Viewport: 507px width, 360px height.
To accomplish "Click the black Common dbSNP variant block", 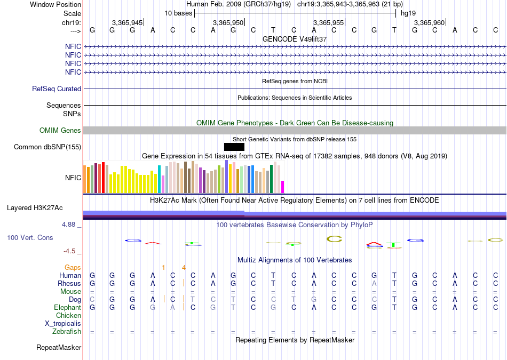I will (x=234, y=147).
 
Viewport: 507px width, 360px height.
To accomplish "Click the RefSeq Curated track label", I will (x=57, y=89).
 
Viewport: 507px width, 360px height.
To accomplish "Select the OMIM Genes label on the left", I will (x=60, y=131).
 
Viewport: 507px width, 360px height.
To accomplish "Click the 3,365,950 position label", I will (x=228, y=22).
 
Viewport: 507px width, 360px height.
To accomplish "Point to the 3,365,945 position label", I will (x=128, y=22).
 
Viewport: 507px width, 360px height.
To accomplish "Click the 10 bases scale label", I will (x=178, y=13).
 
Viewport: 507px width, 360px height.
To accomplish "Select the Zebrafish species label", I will (x=67, y=332).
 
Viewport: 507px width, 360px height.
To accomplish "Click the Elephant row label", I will (x=67, y=308).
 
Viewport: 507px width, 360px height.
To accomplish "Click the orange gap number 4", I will (x=184, y=267).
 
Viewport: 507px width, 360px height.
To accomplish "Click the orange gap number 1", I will (x=164, y=267).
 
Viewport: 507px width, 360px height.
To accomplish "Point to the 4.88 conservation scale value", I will (x=70, y=225).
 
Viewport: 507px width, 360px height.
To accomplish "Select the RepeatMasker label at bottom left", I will (x=59, y=348).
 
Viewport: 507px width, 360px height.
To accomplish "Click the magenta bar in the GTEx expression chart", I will (x=283, y=187).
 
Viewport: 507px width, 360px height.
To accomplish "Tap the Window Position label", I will (x=56, y=4).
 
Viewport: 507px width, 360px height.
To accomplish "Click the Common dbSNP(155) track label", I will (x=47, y=147).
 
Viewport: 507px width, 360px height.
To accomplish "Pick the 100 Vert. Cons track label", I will (x=30, y=237).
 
